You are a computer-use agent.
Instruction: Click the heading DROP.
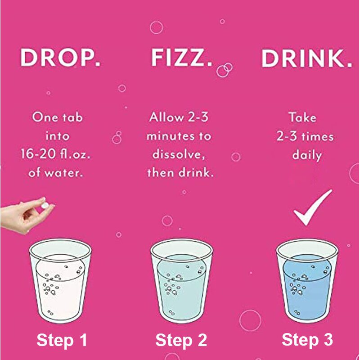pyautogui.click(x=60, y=58)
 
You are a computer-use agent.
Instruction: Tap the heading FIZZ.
pyautogui.click(x=181, y=58)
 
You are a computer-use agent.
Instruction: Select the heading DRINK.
pyautogui.click(x=307, y=58)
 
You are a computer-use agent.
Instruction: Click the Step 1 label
pyautogui.click(x=62, y=340)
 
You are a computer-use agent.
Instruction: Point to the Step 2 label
pyautogui.click(x=181, y=340)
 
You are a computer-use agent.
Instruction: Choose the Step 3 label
pyautogui.click(x=307, y=340)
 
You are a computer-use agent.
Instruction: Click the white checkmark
pyautogui.click(x=313, y=207)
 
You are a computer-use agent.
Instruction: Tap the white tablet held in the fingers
pyautogui.click(x=45, y=206)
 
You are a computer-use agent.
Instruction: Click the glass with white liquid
pyautogui.click(x=60, y=281)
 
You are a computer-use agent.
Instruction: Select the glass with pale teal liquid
pyautogui.click(x=182, y=281)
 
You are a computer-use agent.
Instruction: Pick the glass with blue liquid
pyautogui.click(x=307, y=281)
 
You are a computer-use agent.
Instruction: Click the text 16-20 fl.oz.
pyautogui.click(x=55, y=153)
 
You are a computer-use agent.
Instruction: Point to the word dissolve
pyautogui.click(x=178, y=154)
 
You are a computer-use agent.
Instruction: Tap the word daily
pyautogui.click(x=307, y=155)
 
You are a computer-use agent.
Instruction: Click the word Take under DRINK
pyautogui.click(x=302, y=117)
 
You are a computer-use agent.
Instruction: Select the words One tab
pyautogui.click(x=58, y=117)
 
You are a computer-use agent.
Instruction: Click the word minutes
pyautogui.click(x=167, y=136)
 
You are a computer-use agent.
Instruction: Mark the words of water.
pyautogui.click(x=55, y=172)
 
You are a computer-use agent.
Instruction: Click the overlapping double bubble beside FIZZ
pyautogui.click(x=224, y=70)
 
